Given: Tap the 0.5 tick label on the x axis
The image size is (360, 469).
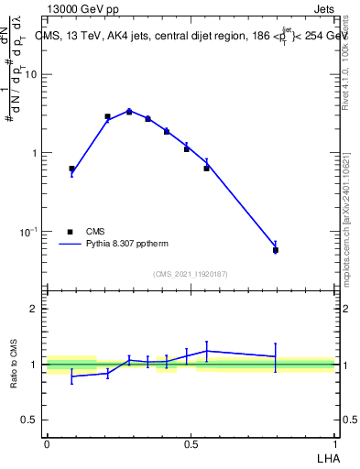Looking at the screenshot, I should click(191, 442).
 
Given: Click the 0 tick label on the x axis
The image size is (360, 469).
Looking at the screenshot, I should click(47, 442).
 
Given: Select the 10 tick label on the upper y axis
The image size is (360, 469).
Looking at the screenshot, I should click(31, 75).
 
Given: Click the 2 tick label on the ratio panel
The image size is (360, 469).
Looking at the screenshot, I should click(33, 309).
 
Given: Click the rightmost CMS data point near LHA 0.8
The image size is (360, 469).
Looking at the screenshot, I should click(276, 250).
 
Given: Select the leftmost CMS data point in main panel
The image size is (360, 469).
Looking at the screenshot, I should click(71, 169).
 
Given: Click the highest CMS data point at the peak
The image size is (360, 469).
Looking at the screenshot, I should click(129, 112).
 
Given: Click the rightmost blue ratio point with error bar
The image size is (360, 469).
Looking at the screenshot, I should click(276, 356).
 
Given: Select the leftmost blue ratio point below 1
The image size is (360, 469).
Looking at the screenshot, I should click(71, 376).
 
